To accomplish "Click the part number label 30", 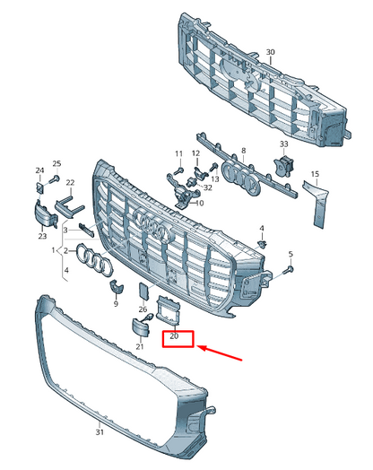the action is [x=270, y=52].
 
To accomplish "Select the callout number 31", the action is [x=100, y=432].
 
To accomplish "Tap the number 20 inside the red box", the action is [x=174, y=336].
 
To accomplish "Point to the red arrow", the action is [x=220, y=352].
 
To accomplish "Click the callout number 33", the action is [x=283, y=144].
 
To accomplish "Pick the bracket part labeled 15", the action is [x=316, y=204].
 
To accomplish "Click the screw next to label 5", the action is [x=289, y=269].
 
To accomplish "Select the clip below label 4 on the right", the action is [x=263, y=245].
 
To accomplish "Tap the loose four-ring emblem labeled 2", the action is [x=94, y=260].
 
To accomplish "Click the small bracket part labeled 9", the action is [x=116, y=287].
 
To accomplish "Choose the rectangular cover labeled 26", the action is [x=143, y=291].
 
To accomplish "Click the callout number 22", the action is [x=70, y=183].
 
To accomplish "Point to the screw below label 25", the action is [x=55, y=179].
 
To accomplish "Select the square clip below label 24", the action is [x=39, y=188].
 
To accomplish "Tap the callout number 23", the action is [x=42, y=236].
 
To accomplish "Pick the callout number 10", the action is [x=200, y=204].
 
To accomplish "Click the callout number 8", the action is [x=243, y=151].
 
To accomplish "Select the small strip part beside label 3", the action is [x=87, y=230].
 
